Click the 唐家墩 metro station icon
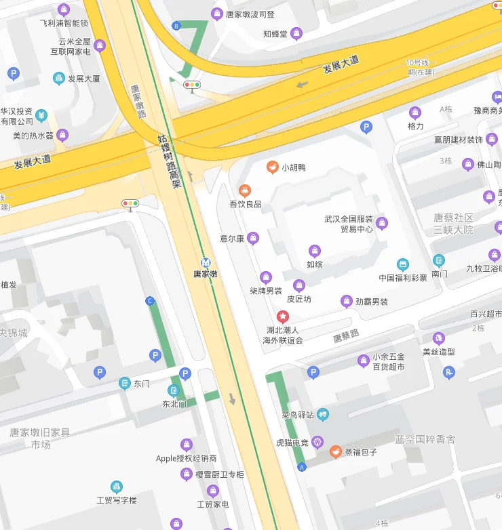(x=206, y=262)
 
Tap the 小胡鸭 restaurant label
(x=294, y=167)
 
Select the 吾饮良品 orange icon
(x=246, y=190)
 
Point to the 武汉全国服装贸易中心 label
(x=349, y=224)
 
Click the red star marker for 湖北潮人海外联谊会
(x=283, y=316)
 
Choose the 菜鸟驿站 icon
(x=322, y=414)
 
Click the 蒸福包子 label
(x=360, y=452)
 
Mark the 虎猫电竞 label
(x=292, y=443)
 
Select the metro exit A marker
(x=302, y=467)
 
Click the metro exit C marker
(x=150, y=301)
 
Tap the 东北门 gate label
(x=174, y=404)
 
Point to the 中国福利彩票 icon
(x=403, y=264)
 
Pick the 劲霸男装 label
(x=372, y=302)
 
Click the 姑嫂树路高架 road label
(x=170, y=161)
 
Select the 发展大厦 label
(x=83, y=79)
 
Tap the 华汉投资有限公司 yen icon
(x=41, y=114)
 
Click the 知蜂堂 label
(x=275, y=33)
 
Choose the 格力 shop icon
(x=415, y=113)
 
